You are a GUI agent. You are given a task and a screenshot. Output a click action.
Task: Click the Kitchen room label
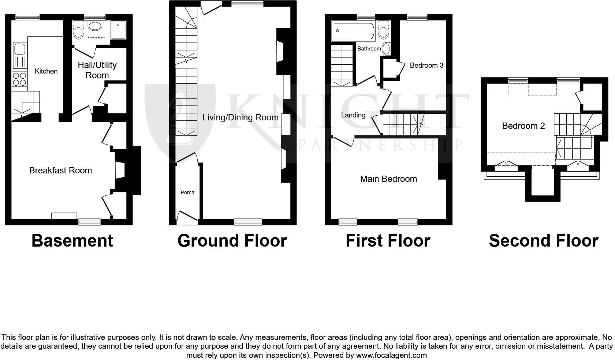(46, 71)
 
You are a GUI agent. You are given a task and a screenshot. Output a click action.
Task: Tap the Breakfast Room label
(60, 170)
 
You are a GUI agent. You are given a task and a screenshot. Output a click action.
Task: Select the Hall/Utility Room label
(97, 70)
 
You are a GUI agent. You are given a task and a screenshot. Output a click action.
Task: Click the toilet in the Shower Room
(78, 30)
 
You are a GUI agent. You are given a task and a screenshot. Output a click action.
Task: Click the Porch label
(187, 192)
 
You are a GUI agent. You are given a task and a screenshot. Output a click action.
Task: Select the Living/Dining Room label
(241, 117)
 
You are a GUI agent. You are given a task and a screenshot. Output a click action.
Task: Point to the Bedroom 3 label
(426, 65)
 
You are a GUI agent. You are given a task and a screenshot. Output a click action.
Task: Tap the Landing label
(353, 115)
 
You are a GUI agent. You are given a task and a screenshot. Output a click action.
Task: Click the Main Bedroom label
(388, 179)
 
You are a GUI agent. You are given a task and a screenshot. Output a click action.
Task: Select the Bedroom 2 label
(523, 126)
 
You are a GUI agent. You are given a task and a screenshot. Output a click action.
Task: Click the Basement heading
(72, 241)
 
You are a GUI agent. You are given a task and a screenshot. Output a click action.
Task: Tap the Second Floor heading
(543, 241)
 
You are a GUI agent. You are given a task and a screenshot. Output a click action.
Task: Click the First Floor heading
(388, 241)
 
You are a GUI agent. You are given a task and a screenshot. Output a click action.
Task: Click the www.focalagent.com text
(391, 355)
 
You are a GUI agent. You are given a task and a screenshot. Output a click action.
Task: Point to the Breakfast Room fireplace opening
(120, 170)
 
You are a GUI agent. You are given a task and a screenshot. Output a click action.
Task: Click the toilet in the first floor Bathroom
(383, 30)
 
